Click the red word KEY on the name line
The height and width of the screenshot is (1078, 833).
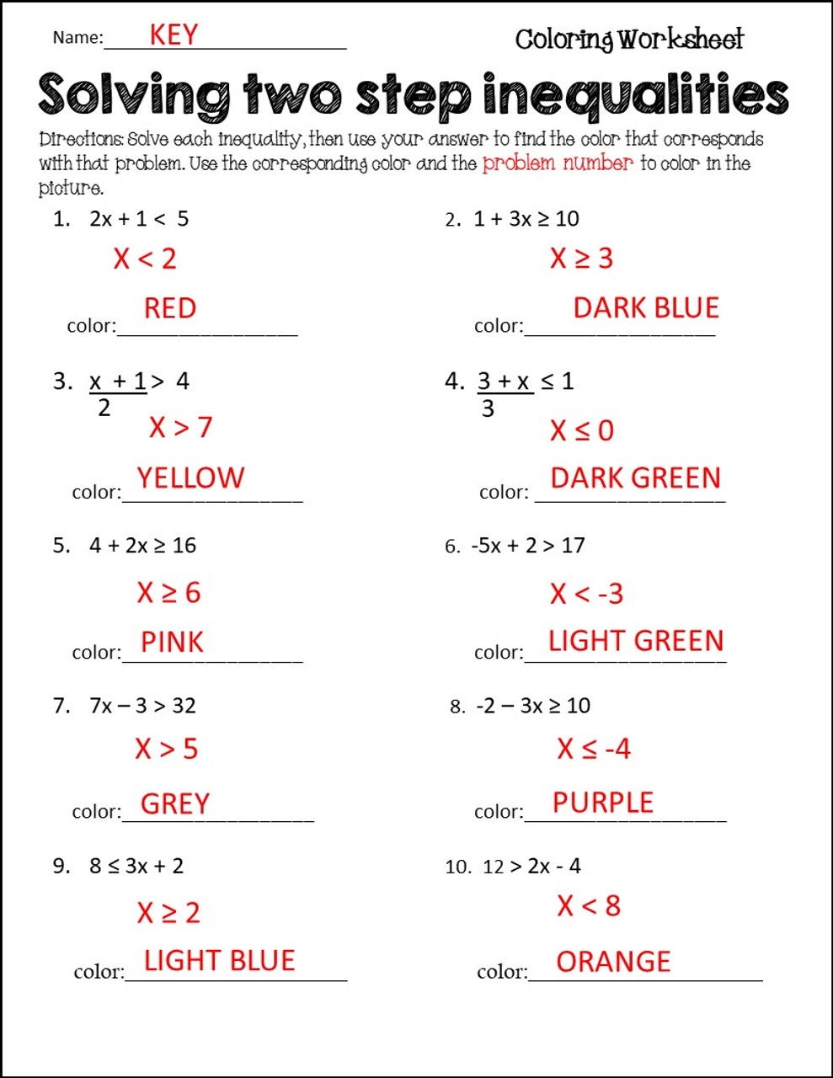point(174,35)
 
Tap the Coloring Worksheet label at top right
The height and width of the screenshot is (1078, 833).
point(629,39)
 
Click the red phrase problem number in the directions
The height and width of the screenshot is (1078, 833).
point(557,163)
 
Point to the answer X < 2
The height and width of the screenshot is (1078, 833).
point(145,259)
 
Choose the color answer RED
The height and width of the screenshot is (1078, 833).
point(169,308)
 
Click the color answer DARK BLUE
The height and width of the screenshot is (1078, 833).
point(645,308)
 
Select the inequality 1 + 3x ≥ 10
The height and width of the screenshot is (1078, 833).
point(526,219)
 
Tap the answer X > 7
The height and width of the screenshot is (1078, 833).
point(180,428)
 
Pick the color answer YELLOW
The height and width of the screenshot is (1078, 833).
point(190,478)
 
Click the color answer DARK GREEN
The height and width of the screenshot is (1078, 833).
point(635,478)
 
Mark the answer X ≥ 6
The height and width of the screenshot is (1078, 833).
point(168,593)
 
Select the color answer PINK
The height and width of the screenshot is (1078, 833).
point(172,643)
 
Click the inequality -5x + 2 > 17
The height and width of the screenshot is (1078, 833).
point(528,546)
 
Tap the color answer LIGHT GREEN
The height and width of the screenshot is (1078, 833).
point(635,641)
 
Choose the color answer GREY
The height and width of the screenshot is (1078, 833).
point(174,803)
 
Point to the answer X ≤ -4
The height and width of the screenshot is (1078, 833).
point(593,749)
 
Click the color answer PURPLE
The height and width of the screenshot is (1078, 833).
point(602,803)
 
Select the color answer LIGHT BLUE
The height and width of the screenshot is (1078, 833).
point(219,961)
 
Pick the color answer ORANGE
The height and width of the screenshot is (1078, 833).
point(613,962)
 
